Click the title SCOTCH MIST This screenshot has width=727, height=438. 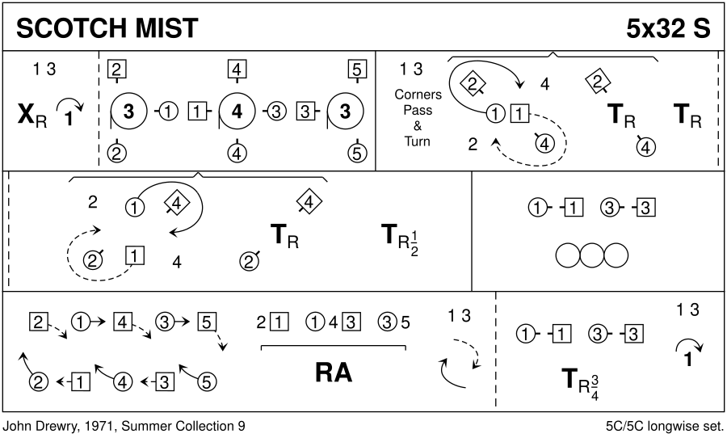106,28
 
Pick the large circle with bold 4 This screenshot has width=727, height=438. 237,112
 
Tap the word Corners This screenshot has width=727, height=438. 418,95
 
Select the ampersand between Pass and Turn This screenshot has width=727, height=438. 418,125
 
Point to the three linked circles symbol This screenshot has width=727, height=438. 592,255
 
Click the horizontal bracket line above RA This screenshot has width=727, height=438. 334,347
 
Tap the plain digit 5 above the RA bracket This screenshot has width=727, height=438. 406,322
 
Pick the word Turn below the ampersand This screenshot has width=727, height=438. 418,141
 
